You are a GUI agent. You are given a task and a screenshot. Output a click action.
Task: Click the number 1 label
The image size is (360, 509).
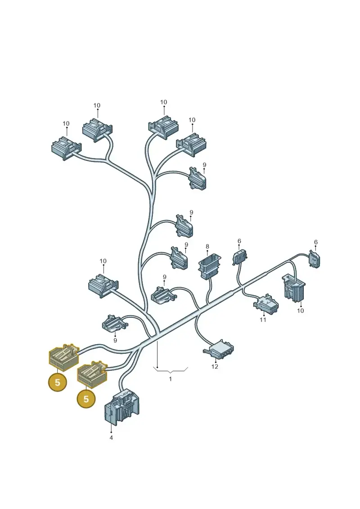170,379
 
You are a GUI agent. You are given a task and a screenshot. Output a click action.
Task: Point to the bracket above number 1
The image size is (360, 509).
171,370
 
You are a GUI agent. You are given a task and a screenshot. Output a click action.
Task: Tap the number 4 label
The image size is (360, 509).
111,437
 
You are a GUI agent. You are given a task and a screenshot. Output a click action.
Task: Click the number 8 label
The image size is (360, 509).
207,247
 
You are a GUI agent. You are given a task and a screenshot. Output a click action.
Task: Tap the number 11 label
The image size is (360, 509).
263,320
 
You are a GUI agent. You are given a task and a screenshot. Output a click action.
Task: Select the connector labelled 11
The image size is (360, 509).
266,305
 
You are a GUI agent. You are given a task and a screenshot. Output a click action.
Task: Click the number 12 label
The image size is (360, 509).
215,366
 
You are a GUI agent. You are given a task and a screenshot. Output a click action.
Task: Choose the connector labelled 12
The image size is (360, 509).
218,351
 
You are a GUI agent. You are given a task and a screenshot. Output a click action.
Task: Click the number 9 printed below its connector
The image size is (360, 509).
115,340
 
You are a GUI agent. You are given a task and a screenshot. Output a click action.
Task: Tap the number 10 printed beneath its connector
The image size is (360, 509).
301,311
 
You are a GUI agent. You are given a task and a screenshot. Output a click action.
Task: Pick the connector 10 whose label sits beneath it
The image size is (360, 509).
294,288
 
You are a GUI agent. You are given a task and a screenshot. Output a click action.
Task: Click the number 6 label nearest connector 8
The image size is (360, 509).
239,241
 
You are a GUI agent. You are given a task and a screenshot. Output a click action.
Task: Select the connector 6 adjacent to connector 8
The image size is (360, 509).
240,258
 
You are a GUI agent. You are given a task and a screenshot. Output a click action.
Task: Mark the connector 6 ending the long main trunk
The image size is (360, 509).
315,259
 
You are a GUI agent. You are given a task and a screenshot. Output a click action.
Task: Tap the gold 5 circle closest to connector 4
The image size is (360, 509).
86,398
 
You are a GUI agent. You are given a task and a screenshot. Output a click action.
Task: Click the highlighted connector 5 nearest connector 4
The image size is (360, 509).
92,374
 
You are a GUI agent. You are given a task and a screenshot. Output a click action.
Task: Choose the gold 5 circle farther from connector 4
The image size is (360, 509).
58,382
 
